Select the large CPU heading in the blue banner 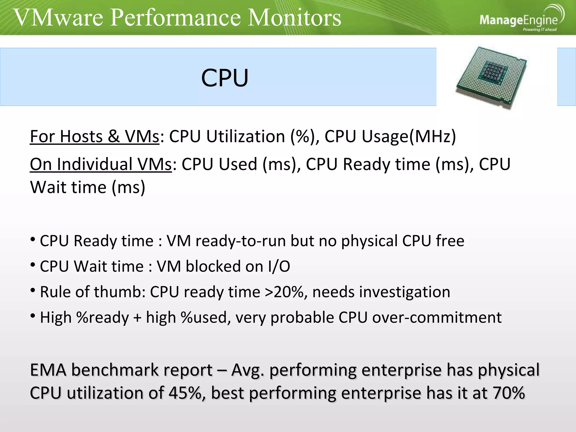pos(225,78)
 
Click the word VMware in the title pos(58,17)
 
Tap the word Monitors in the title pos(294,17)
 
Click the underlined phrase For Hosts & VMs pos(94,137)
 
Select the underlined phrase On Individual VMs pos(101,164)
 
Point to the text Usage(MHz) pos(409,137)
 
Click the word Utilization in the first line pos(246,137)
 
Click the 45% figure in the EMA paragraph pos(185,393)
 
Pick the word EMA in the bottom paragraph pos(48,370)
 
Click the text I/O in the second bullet pos(279,266)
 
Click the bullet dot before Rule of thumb pos(33,290)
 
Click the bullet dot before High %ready pos(33,316)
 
